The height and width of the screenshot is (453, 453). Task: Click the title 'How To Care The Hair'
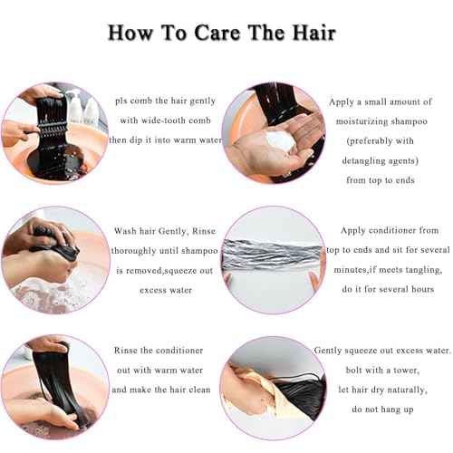click(222, 33)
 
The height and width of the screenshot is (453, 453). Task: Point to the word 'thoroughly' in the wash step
click(139, 250)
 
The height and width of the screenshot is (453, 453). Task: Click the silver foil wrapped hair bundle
click(275, 253)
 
